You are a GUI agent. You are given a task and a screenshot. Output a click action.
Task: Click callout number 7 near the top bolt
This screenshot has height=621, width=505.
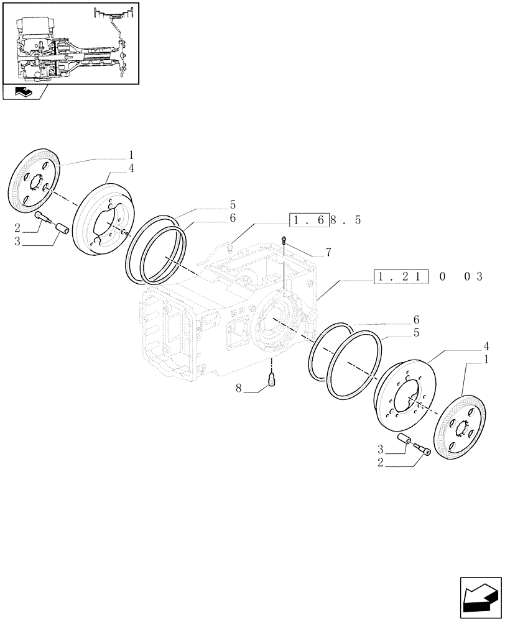coord(328,252)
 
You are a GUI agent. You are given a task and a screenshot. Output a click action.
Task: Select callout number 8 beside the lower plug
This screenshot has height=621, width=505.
coord(239,389)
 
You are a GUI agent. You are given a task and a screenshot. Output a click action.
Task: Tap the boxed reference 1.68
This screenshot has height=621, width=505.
coord(308,220)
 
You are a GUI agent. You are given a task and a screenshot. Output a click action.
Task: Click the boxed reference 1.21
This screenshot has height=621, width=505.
coord(401,276)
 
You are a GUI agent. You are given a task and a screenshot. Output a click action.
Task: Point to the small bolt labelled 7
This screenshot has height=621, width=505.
coord(284,240)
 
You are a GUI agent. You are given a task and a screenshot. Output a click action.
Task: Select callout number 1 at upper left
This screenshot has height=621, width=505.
coord(131,155)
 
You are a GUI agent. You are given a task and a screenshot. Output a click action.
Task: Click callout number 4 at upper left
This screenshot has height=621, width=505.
coord(131,168)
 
